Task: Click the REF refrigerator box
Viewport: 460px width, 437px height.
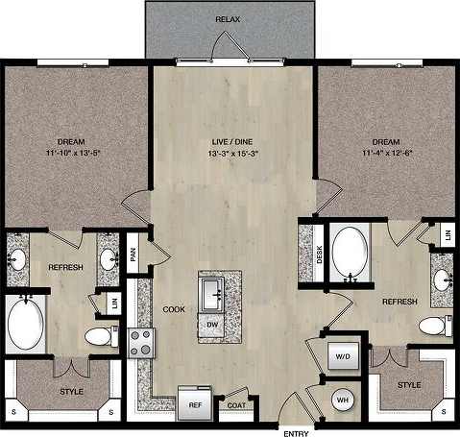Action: (x=194, y=404)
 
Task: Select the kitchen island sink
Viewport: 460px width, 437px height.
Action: (x=212, y=291)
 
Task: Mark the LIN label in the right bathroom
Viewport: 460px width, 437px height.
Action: (x=448, y=233)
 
